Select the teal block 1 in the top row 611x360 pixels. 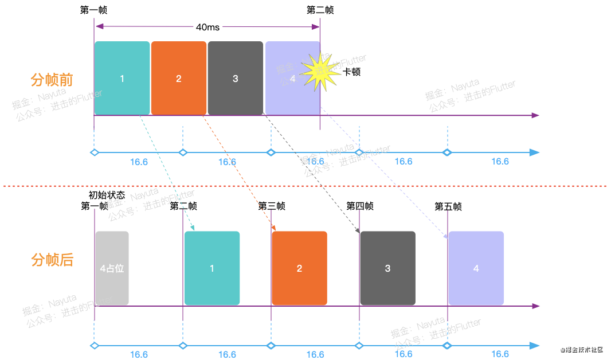[x=122, y=78]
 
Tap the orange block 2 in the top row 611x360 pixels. [x=179, y=78]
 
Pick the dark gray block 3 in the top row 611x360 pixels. [x=235, y=78]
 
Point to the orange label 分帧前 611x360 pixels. [x=52, y=79]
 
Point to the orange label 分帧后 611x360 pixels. [x=52, y=260]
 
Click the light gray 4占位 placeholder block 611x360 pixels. [x=112, y=268]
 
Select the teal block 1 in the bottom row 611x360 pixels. [x=212, y=268]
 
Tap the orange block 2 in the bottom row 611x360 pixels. [x=299, y=268]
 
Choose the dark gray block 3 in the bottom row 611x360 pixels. [x=387, y=268]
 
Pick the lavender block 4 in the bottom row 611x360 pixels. [x=476, y=268]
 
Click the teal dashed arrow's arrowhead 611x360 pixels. [x=193, y=228]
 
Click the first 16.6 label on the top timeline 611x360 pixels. [x=139, y=162]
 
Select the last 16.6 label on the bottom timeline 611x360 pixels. [x=500, y=354]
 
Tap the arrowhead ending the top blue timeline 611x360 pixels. [x=535, y=152]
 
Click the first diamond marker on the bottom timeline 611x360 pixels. [x=95, y=346]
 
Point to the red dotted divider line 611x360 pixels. [x=304, y=186]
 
